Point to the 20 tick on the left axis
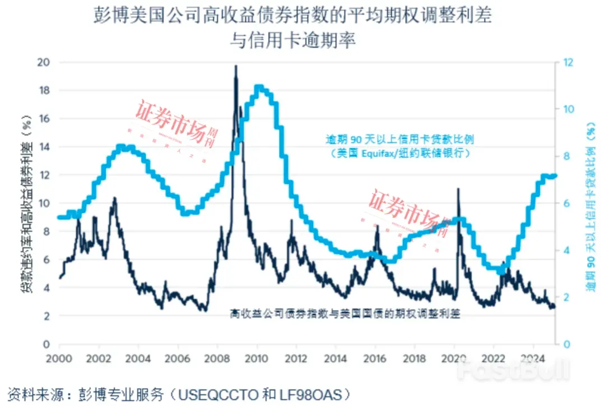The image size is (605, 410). [x=43, y=62]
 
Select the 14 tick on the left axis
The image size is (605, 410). [x=43, y=147]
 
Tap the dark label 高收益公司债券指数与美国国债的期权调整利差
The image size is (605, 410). [x=345, y=314]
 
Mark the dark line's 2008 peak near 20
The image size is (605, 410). [x=235, y=67]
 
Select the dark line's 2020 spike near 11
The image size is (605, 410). [x=458, y=190]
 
